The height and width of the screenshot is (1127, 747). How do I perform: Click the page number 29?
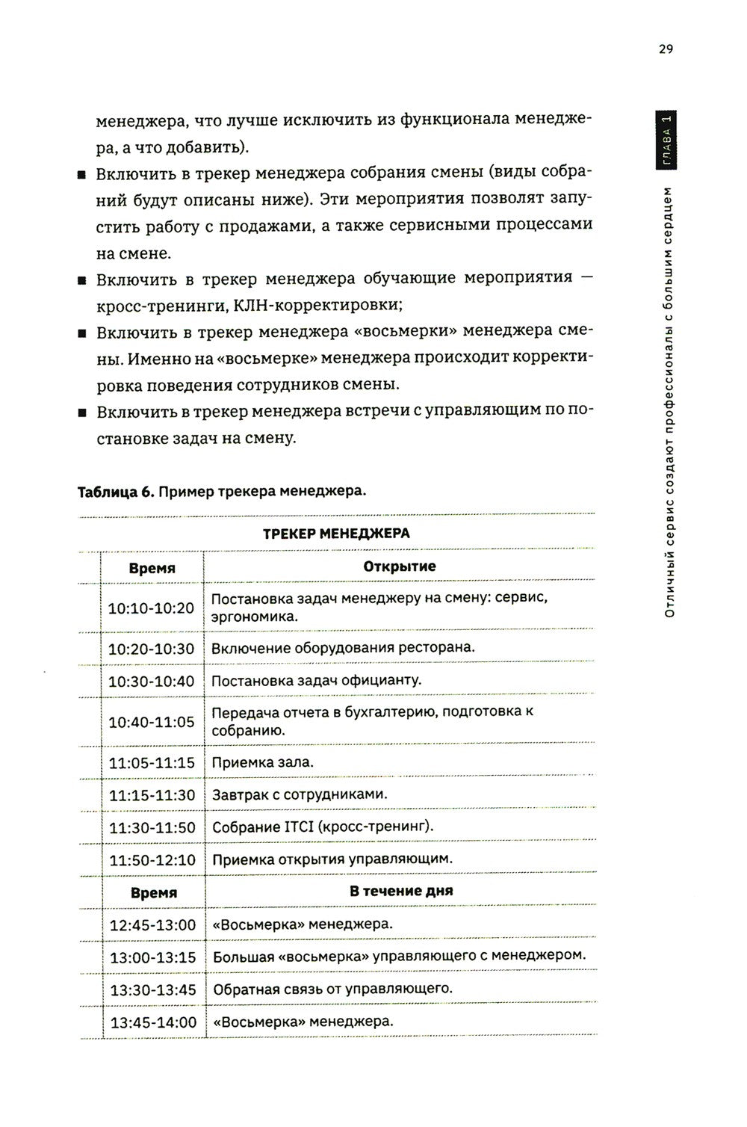(666, 49)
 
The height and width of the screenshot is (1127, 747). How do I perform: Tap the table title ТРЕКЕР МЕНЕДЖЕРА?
(336, 534)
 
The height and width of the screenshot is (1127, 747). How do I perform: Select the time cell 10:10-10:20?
(152, 608)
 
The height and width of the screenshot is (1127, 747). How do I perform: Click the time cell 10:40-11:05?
(152, 722)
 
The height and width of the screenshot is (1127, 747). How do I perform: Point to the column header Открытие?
(400, 566)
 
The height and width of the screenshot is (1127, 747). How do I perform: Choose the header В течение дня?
(400, 891)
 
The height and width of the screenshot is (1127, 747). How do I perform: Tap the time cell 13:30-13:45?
(153, 989)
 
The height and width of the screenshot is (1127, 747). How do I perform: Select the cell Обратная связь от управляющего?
(332, 989)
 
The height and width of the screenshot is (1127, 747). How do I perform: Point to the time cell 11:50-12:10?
(153, 860)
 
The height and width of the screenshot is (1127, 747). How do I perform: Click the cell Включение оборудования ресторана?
(343, 647)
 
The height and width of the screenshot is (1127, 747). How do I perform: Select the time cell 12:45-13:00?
(153, 925)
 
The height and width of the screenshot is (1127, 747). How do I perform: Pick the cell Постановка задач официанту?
(317, 680)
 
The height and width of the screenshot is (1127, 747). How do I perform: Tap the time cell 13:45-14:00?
(153, 1022)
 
